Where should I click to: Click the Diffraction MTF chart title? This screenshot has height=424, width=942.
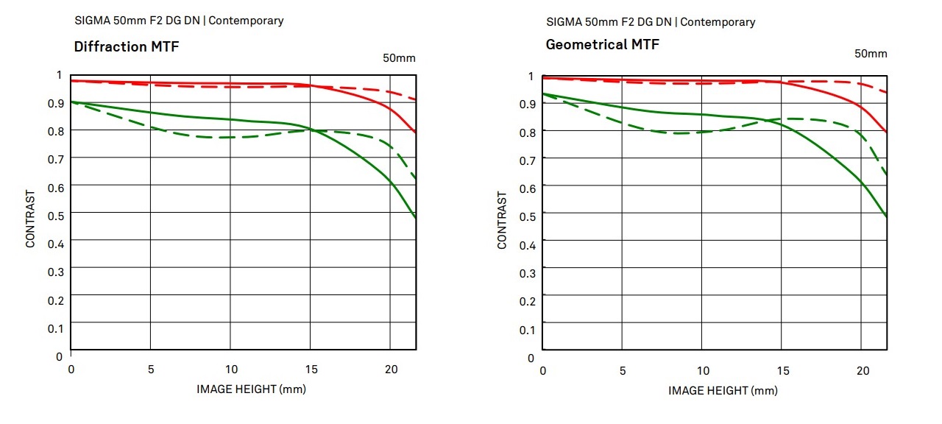tap(127, 47)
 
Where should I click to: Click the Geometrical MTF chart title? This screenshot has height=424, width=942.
tap(602, 45)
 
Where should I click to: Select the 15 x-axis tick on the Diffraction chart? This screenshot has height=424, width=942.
tap(311, 370)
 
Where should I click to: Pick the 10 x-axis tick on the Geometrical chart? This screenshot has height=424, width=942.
tap(703, 371)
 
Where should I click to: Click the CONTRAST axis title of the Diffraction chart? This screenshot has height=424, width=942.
tap(31, 219)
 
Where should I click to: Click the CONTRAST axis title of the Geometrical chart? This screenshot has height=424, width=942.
tap(503, 220)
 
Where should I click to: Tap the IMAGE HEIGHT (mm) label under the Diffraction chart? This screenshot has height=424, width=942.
tap(251, 389)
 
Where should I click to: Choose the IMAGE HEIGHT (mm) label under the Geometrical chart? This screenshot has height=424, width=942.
tap(723, 390)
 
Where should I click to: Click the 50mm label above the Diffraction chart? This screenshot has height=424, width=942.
tap(400, 58)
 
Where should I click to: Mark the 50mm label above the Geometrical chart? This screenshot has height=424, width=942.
tap(871, 54)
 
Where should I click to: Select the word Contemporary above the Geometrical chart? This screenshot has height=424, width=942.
tap(718, 22)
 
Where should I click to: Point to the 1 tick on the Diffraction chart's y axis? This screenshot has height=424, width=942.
tap(60, 75)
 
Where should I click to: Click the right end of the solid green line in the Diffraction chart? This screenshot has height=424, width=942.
tap(416, 219)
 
